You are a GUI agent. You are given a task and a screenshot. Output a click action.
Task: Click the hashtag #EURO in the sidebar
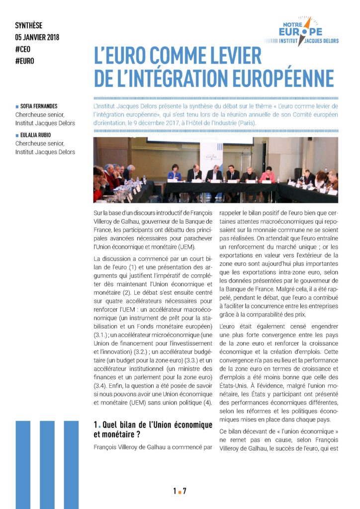pos(25,61)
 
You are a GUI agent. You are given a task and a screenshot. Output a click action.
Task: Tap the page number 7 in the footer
pos(184,491)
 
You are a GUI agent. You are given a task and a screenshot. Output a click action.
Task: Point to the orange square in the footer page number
pos(180,492)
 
